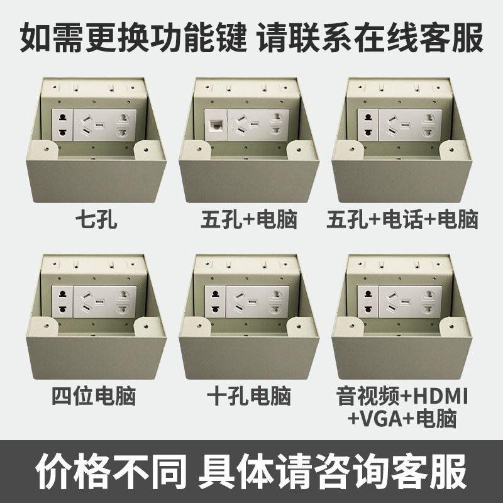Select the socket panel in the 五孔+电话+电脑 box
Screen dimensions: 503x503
[x=403, y=123]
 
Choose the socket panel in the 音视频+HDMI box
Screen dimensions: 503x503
[x=403, y=300]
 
